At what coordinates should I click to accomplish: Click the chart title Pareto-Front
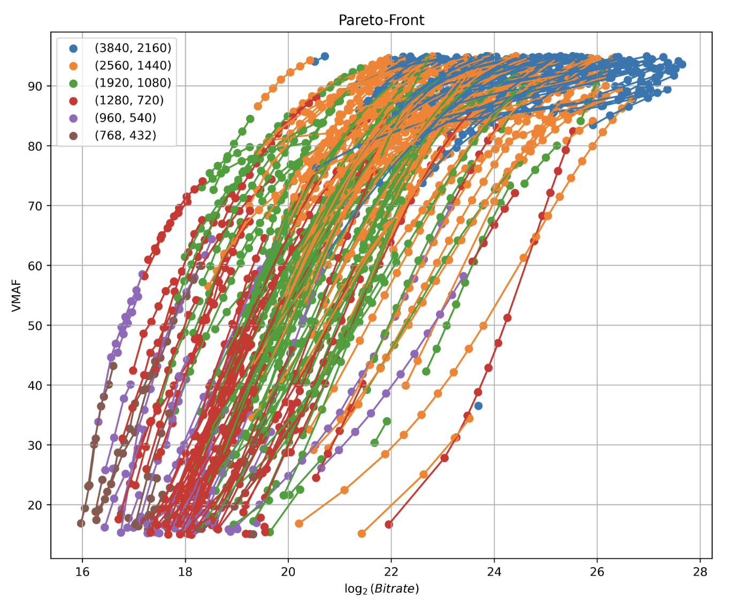381,20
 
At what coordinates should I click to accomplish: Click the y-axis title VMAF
17,295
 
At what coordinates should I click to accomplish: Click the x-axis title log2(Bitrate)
381,589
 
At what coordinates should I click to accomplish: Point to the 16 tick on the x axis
82,571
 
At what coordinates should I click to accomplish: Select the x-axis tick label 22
391,571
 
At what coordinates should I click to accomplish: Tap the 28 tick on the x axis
700,571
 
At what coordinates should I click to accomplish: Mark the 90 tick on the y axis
36,86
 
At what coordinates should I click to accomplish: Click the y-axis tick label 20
36,505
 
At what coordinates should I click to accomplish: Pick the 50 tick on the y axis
36,326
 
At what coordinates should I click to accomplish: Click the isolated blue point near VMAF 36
478,406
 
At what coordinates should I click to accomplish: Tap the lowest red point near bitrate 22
389,524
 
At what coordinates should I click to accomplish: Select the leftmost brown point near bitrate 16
81,523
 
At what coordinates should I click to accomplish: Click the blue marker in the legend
73,48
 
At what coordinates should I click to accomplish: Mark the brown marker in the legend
73,135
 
